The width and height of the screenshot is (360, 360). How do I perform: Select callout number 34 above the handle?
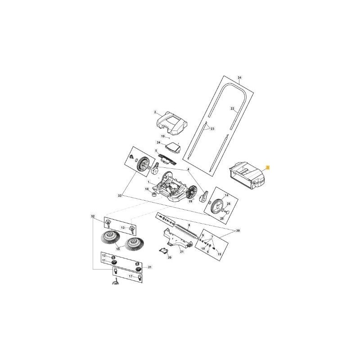240,78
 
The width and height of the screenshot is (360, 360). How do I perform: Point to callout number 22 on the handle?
233,108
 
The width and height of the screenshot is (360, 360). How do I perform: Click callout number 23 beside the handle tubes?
213,129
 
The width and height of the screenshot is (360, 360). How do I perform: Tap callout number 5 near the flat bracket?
156,151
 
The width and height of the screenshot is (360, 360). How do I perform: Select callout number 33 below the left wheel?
120,196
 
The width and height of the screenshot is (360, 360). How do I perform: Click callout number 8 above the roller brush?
189,224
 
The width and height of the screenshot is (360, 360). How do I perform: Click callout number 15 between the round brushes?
118,249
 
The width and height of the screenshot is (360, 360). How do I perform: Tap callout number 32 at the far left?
93,216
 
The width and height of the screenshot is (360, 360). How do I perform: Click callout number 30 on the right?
238,231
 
